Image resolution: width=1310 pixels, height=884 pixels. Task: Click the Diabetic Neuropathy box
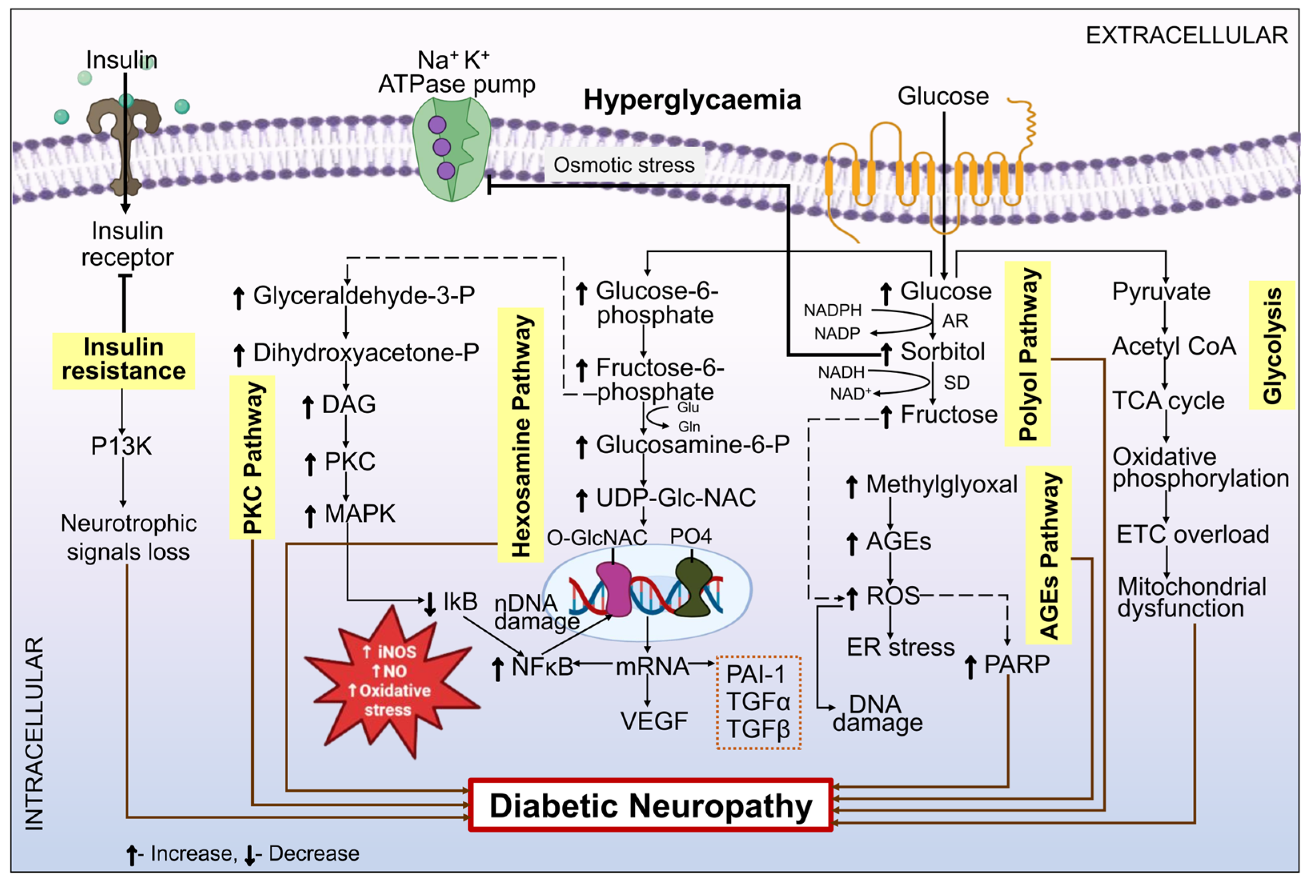click(650, 805)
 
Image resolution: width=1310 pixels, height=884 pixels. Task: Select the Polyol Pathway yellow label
click(1027, 354)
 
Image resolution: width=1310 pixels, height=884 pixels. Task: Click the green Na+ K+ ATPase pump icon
click(451, 148)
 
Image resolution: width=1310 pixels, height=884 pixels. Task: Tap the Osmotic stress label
click(624, 165)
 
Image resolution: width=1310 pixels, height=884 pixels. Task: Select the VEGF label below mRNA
click(654, 721)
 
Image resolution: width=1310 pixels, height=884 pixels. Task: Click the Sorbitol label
click(942, 352)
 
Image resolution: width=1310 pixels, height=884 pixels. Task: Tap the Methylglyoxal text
click(941, 484)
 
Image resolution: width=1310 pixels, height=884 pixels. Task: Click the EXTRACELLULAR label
click(1186, 36)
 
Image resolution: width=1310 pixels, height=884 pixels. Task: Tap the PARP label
click(1016, 665)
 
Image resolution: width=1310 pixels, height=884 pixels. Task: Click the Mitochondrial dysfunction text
click(1191, 598)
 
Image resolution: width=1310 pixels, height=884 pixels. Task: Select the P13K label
click(121, 446)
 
